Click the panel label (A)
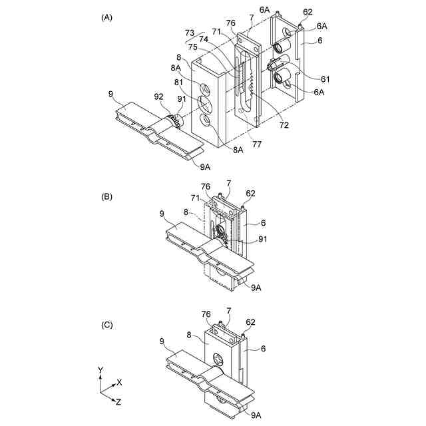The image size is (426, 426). tap(106, 18)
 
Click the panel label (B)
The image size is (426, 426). tap(106, 197)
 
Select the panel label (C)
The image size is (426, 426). tap(106, 325)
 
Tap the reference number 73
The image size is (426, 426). tap(190, 33)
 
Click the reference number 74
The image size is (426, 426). tap(203, 40)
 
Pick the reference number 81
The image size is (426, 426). tap(179, 82)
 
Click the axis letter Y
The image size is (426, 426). tap(100, 369)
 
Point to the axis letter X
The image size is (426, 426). tap(119, 383)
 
